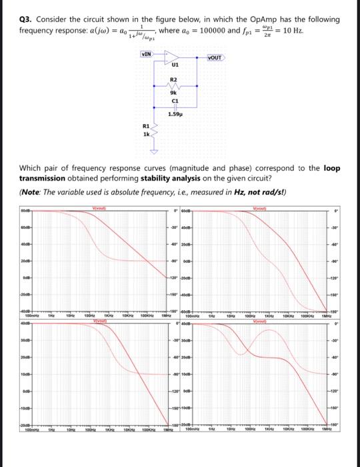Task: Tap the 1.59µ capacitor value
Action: click(175, 115)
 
